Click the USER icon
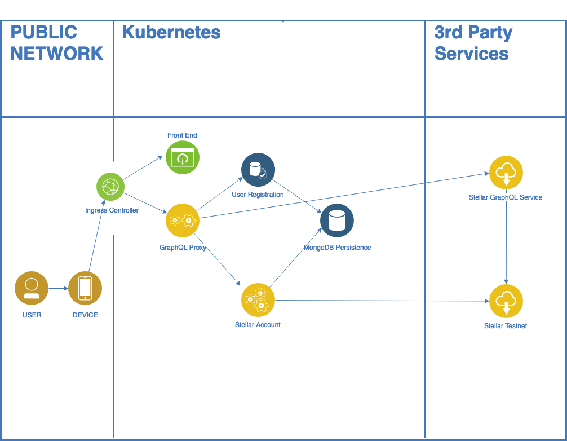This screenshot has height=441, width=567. pyautogui.click(x=32, y=288)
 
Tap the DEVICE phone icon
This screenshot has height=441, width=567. pyautogui.click(x=85, y=288)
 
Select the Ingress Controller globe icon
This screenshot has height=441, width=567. pyautogui.click(x=110, y=187)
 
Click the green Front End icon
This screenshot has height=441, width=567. pyautogui.click(x=182, y=157)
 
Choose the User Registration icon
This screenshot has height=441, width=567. pyautogui.click(x=258, y=170)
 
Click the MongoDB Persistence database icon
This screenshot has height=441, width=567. pyautogui.click(x=337, y=220)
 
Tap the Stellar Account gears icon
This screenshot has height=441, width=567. pyautogui.click(x=258, y=300)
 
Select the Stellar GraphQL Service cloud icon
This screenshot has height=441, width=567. pyautogui.click(x=506, y=173)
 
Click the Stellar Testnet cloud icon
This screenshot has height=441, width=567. pyautogui.click(x=506, y=301)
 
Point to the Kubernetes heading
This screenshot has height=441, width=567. pyautogui.click(x=171, y=32)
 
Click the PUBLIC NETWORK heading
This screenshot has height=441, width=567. pyautogui.click(x=56, y=43)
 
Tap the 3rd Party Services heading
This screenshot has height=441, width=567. pyautogui.click(x=473, y=43)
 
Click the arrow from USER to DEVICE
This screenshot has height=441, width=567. pyautogui.click(x=58, y=288)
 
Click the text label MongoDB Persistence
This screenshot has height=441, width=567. pyautogui.click(x=337, y=248)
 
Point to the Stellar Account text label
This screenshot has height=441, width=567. pyautogui.click(x=258, y=325)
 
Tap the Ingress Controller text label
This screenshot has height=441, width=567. pyautogui.click(x=112, y=210)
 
